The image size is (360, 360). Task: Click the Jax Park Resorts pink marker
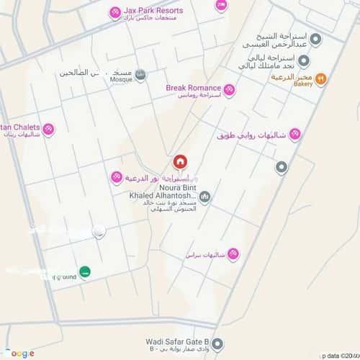click(x=114, y=12)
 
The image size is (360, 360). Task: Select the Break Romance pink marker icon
click(x=229, y=89)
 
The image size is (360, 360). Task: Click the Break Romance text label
click(x=193, y=88)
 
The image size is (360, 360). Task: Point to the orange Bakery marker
click(x=321, y=78)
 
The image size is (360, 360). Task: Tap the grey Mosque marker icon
click(x=140, y=75)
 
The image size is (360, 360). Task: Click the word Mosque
click(x=121, y=80)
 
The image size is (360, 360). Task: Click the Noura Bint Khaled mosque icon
click(x=204, y=196)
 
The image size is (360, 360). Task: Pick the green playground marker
click(x=86, y=271)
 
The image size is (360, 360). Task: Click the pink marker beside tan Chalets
click(x=48, y=130)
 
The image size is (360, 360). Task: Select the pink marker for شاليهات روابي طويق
click(x=294, y=135)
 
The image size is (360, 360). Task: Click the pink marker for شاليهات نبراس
click(x=232, y=254)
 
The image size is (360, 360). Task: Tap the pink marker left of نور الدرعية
click(x=116, y=177)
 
